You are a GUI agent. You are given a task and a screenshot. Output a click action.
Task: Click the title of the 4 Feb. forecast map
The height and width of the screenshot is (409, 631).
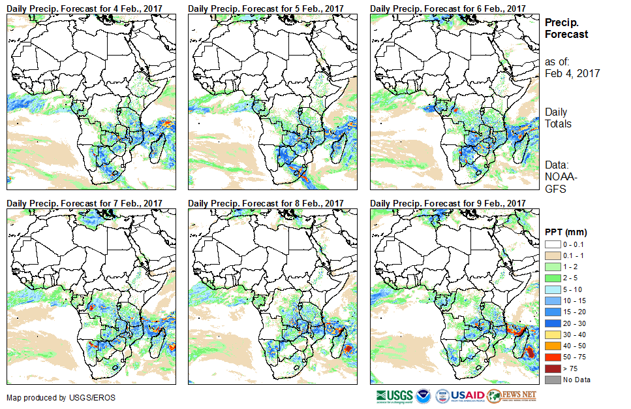click(85, 8)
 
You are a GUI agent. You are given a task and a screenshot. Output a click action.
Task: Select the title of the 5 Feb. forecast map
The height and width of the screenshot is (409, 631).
click(266, 8)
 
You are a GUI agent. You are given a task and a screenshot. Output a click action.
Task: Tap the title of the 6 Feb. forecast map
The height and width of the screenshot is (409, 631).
click(448, 8)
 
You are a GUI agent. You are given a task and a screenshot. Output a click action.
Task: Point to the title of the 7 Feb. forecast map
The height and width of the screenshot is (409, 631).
click(85, 204)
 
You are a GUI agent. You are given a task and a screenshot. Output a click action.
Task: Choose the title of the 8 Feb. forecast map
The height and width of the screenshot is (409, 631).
click(266, 204)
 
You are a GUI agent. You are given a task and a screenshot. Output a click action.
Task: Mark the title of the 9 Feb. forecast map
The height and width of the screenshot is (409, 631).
click(448, 204)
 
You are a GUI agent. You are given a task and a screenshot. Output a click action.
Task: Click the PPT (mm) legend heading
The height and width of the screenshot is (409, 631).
click(566, 232)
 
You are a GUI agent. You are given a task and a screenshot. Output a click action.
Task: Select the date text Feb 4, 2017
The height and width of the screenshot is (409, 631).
click(572, 73)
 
